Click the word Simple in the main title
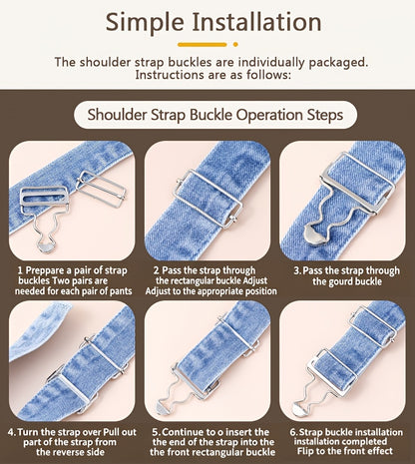tap(145, 23)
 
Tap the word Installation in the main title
tap(256, 22)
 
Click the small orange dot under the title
tap(235, 44)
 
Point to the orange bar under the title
tap(203, 44)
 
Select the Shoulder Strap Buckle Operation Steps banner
tap(215, 115)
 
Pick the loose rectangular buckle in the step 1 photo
tap(101, 189)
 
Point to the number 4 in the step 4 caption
tap(11, 432)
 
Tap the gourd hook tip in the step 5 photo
tap(163, 409)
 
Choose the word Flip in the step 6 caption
tap(304, 451)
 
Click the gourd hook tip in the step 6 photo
tap(298, 409)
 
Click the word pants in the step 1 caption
tap(121, 291)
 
